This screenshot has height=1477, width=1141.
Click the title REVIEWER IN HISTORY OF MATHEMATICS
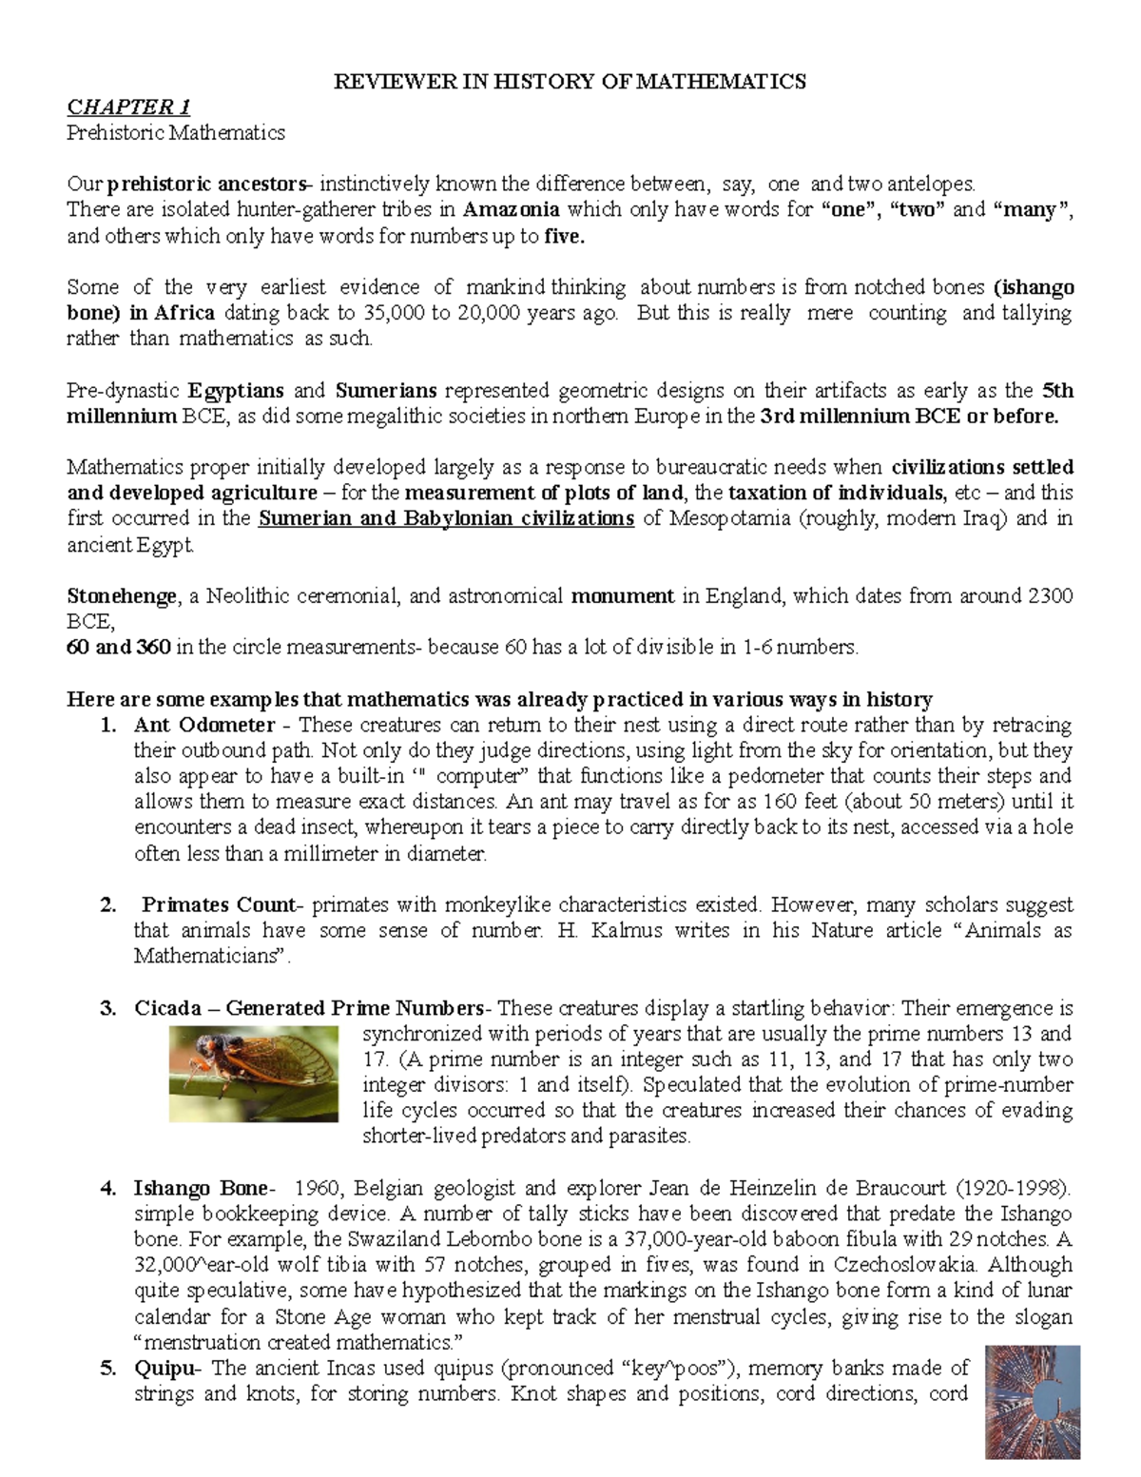[569, 81]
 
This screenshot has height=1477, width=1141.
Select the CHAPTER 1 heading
[127, 107]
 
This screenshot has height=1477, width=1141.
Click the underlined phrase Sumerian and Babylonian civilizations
[446, 518]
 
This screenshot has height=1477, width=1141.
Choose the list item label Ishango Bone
[203, 1188]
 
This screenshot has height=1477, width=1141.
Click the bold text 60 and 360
[119, 648]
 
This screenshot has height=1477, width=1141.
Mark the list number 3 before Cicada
[107, 1008]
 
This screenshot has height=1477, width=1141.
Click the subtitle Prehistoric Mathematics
[175, 132]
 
